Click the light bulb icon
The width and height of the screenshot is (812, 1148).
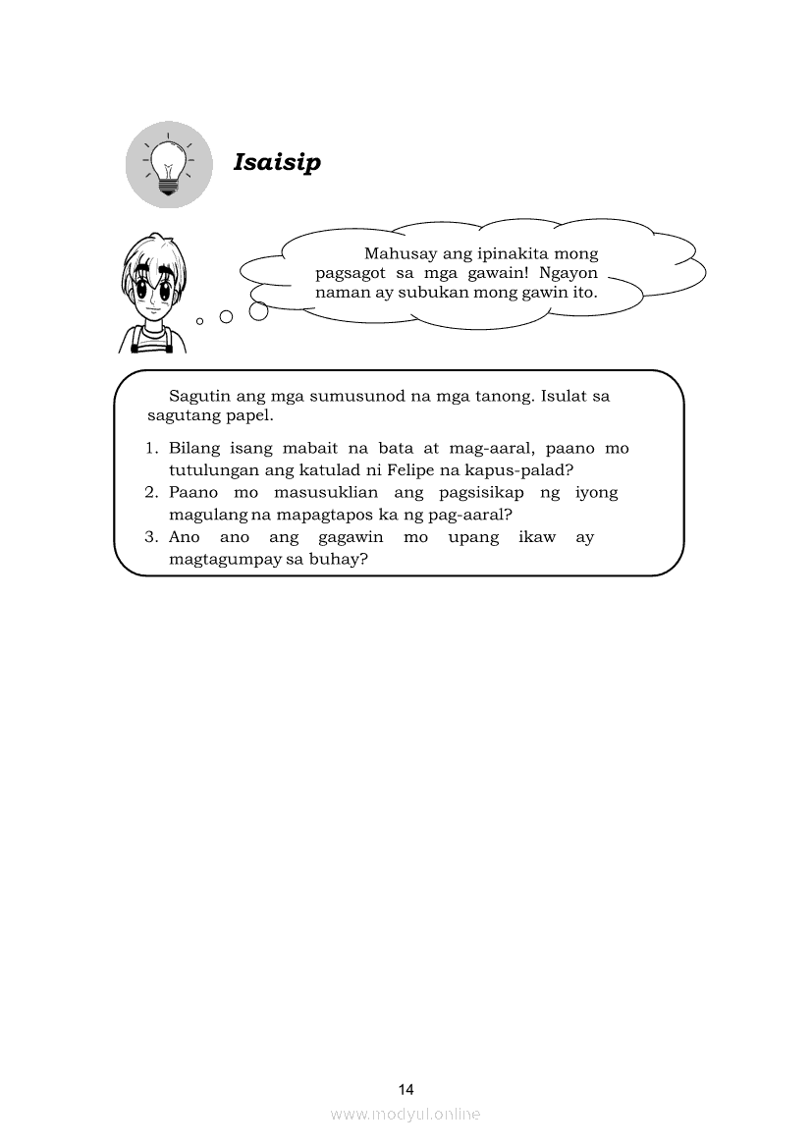click(169, 164)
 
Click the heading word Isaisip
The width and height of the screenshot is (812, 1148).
click(277, 162)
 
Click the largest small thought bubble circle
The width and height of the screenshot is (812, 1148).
click(259, 311)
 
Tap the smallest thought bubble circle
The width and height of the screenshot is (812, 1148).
click(200, 320)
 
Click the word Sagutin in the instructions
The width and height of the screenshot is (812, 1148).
click(200, 397)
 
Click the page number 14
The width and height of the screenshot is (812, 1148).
click(406, 1089)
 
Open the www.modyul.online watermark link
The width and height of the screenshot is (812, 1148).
click(406, 1114)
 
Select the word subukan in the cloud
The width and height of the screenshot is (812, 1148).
click(461, 293)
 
